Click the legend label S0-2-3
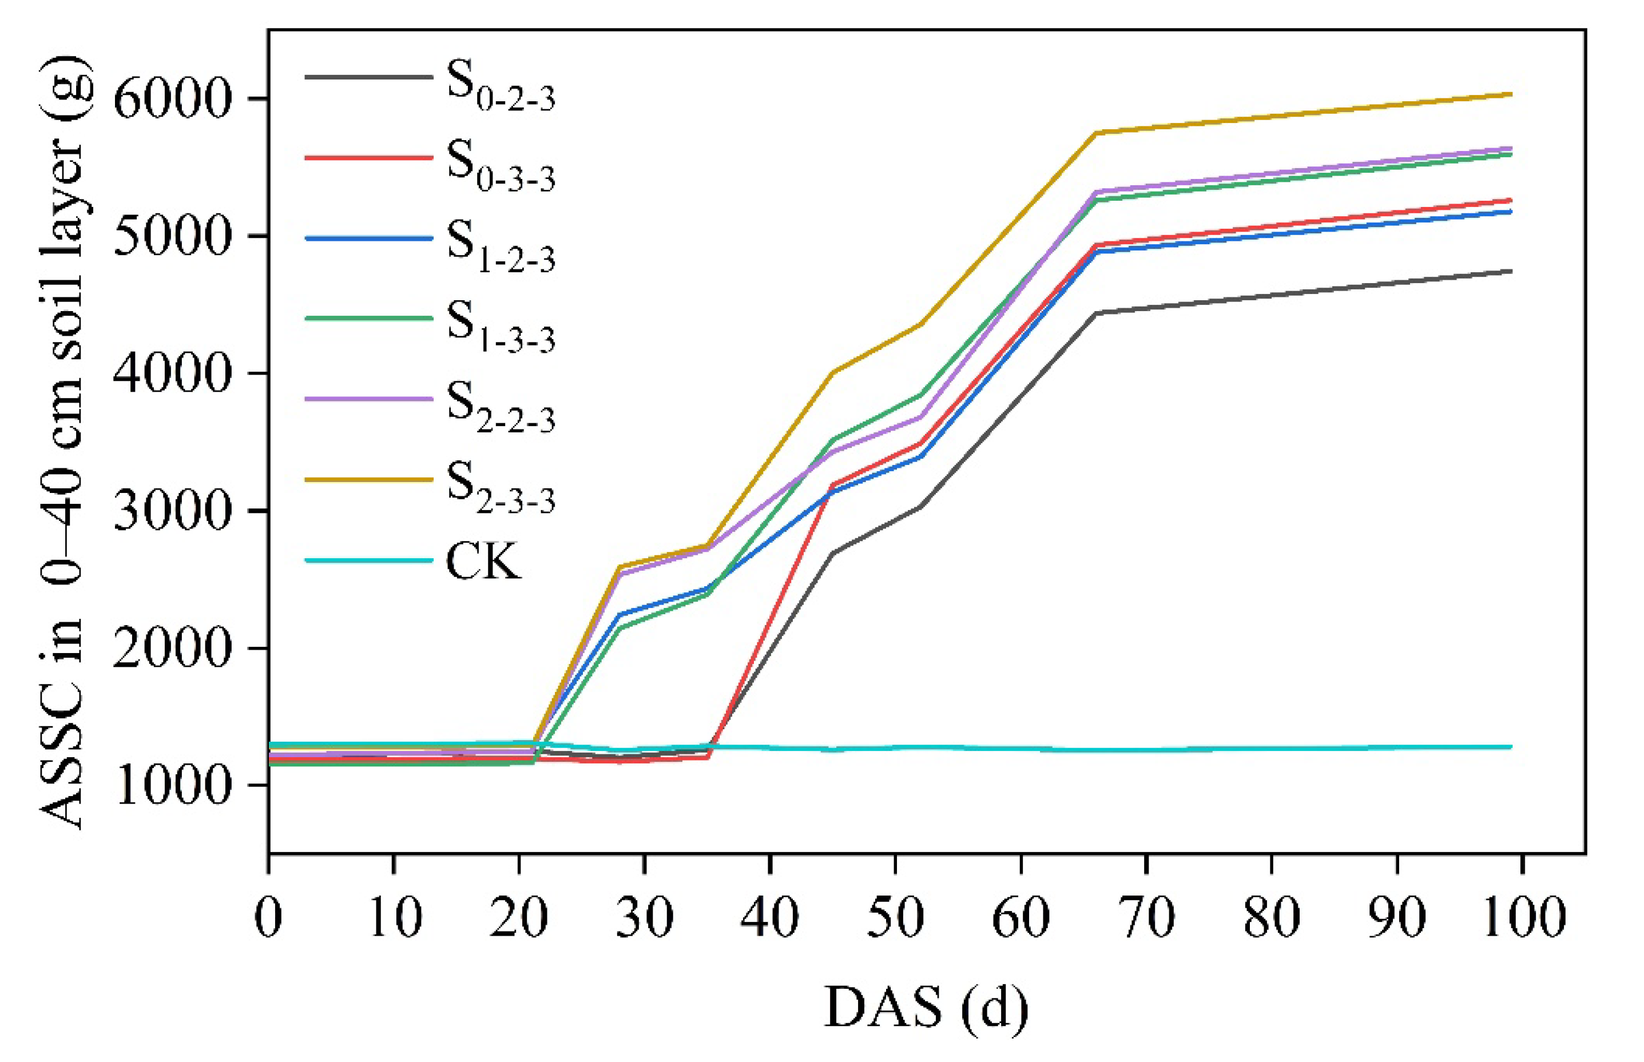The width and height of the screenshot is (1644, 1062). pyautogui.click(x=500, y=86)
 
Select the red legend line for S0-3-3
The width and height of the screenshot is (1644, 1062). pyautogui.click(x=369, y=158)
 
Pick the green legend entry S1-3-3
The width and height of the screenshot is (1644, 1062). pyautogui.click(x=369, y=319)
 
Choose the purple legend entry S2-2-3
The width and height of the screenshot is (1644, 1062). pyautogui.click(x=369, y=399)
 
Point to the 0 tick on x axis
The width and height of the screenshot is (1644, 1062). pyautogui.click(x=269, y=918)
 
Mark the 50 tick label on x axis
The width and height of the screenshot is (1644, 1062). pyautogui.click(x=895, y=918)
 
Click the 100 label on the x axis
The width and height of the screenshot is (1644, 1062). pyautogui.click(x=1523, y=918)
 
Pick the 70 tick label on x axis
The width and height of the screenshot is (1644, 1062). pyautogui.click(x=1146, y=918)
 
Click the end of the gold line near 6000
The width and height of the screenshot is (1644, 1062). pyautogui.click(x=1511, y=114)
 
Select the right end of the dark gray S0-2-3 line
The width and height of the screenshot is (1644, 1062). pyautogui.click(x=1511, y=271)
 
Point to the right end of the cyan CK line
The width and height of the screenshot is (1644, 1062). pyautogui.click(x=1511, y=747)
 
